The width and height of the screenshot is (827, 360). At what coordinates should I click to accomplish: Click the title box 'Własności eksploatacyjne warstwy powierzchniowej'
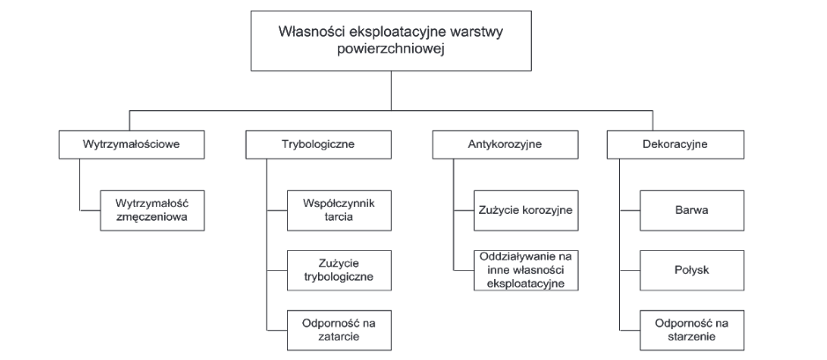click(x=391, y=40)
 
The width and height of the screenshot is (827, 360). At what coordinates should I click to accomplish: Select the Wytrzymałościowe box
click(x=131, y=144)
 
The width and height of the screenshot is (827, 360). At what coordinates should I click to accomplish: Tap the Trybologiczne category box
click(x=319, y=144)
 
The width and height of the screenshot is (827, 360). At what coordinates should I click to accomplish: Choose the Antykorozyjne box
click(x=505, y=144)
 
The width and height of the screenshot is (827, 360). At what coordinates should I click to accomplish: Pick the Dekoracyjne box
click(x=676, y=144)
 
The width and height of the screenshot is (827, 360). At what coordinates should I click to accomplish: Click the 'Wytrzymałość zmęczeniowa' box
click(x=152, y=210)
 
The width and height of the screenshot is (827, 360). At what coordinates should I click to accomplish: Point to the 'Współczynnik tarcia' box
click(x=339, y=210)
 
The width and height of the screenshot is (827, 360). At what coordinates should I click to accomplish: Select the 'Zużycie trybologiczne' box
click(x=339, y=270)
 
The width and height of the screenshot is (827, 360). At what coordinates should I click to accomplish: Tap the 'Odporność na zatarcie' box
click(x=339, y=330)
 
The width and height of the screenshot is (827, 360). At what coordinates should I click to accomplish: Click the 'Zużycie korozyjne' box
click(x=526, y=210)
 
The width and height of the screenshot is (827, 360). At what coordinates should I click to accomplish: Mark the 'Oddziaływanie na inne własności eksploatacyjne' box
click(x=526, y=270)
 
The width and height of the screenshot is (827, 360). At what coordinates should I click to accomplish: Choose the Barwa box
click(x=692, y=210)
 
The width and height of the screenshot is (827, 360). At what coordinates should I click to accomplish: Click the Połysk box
click(x=692, y=270)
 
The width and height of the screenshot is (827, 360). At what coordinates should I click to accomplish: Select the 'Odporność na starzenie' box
click(x=692, y=330)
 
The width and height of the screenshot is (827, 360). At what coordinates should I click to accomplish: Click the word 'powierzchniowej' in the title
click(x=391, y=49)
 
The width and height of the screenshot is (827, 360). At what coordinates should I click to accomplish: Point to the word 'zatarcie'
click(x=339, y=336)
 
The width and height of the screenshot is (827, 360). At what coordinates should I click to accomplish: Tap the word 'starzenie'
click(x=692, y=336)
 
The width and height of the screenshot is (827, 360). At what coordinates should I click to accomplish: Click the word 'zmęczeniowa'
click(x=152, y=217)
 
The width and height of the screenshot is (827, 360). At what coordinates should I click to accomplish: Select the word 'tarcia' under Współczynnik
click(x=339, y=217)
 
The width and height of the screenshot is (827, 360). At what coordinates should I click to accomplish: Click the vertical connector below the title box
click(x=391, y=91)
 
